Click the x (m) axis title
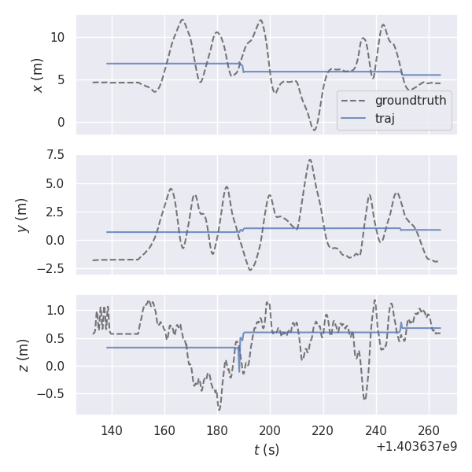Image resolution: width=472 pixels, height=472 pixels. coord(37,75)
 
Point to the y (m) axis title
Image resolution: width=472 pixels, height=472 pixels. coord(23,214)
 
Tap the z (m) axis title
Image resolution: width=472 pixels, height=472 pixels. coord(23,355)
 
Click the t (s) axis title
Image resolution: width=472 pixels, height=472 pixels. coord(266,450)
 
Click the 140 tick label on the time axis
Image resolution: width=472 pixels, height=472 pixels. coord(112,431)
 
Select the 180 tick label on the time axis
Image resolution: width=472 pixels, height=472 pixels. coord(217,431)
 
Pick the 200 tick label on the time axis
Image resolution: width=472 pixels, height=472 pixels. coord(270,431)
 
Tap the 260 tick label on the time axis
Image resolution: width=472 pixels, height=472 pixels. coord(429,431)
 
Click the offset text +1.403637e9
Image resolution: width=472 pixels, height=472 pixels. coord(416,447)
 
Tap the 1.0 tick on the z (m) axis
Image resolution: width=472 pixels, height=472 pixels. coord(57,310)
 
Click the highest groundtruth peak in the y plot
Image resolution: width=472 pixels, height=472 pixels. coord(310,160)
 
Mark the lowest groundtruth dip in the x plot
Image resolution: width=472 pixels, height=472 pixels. coord(314,130)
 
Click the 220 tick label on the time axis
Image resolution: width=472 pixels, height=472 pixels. coord(323,431)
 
